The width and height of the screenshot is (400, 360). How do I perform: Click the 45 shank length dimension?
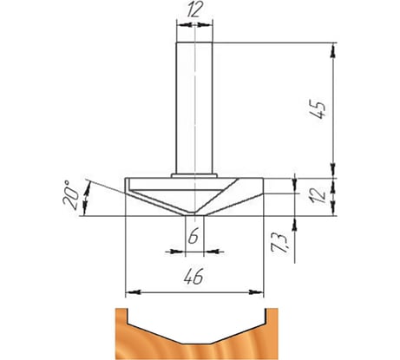(x=318, y=109)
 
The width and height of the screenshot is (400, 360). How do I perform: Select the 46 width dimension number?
(x=193, y=276)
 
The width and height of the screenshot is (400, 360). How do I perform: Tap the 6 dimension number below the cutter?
(x=193, y=235)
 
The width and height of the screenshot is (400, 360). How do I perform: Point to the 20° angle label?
(x=70, y=195)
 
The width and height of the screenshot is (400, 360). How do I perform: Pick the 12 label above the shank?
(x=194, y=11)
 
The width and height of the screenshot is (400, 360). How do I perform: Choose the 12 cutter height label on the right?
(x=318, y=196)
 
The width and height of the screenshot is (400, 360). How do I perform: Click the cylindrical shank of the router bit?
(x=194, y=108)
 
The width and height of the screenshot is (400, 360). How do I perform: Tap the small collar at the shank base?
(x=194, y=175)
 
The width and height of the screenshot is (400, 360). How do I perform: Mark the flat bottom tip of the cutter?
(x=194, y=215)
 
